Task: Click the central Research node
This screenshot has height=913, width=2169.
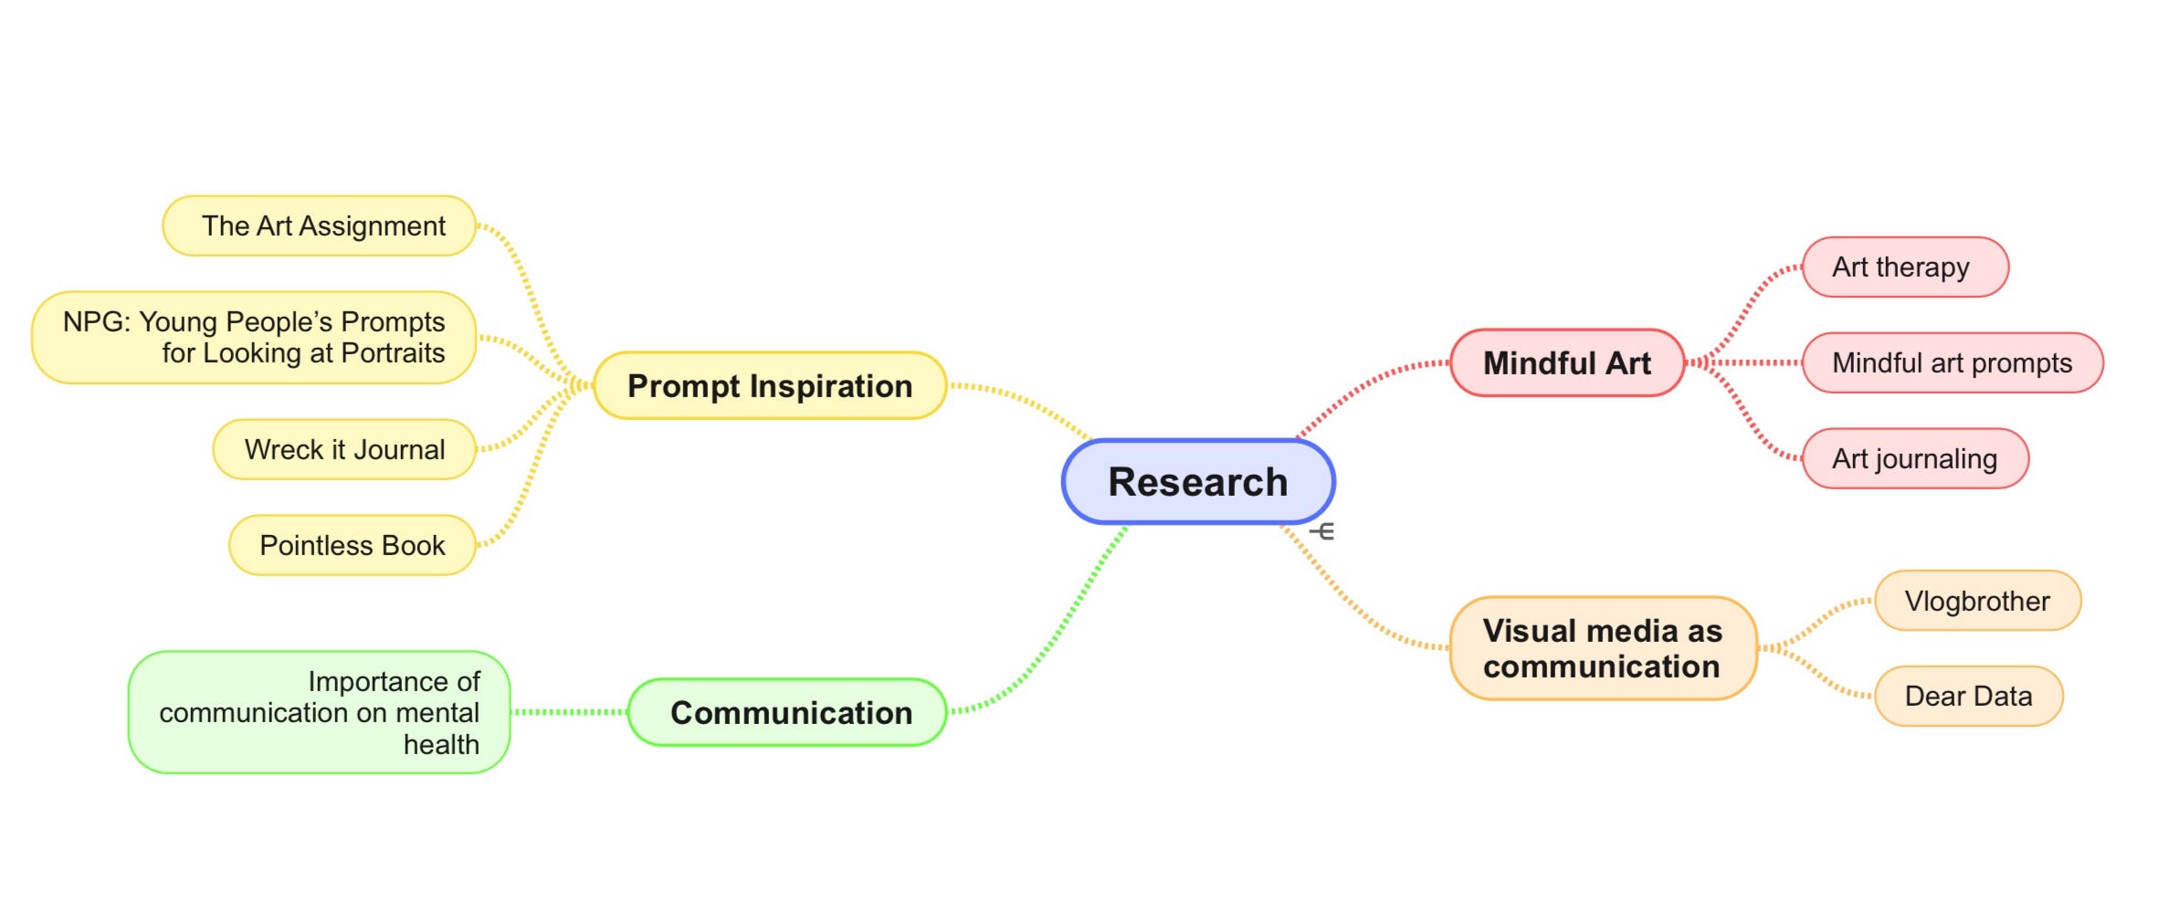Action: (x=1198, y=482)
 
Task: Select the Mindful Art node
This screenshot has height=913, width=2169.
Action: (x=1567, y=362)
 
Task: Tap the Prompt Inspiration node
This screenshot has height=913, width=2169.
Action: (x=770, y=385)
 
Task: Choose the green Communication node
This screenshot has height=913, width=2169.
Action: (x=787, y=712)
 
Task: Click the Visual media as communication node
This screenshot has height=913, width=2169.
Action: (x=1604, y=648)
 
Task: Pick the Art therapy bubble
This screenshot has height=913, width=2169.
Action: (x=1905, y=267)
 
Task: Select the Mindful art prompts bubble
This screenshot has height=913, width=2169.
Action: (x=1953, y=362)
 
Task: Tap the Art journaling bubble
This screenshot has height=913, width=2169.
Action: (x=1915, y=458)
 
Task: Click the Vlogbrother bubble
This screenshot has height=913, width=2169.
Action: (x=1978, y=601)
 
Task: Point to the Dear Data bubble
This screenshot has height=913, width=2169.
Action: (x=1969, y=696)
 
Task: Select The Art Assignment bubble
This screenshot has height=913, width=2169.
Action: (x=320, y=226)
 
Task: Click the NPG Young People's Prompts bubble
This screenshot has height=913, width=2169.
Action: (x=254, y=337)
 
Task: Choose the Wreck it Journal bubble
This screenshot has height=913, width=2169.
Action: (x=345, y=449)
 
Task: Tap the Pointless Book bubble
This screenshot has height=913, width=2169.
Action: (x=353, y=545)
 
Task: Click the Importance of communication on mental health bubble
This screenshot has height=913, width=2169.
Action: (x=320, y=712)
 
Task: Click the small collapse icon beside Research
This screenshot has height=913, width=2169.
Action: (x=1322, y=530)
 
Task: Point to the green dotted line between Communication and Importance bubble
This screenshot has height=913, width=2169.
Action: (x=570, y=712)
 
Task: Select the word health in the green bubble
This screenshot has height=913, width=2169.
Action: (x=441, y=745)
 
